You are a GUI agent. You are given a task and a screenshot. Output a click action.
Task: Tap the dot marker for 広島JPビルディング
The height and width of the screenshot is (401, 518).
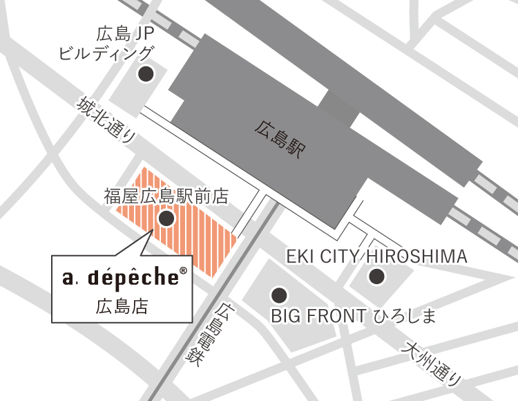click(x=146, y=75)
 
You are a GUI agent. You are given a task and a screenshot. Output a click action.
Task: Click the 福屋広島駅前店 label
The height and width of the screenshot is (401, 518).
click(x=166, y=196)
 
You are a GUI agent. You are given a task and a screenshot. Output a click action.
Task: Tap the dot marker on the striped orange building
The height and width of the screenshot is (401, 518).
click(x=166, y=219)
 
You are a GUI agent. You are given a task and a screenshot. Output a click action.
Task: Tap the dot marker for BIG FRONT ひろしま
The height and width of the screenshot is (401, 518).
click(x=278, y=295)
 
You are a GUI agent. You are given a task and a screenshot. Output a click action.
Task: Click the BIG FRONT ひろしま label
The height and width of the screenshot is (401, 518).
click(x=354, y=317)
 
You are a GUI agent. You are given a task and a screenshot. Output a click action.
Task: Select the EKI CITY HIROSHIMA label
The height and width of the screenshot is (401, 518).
click(x=376, y=257)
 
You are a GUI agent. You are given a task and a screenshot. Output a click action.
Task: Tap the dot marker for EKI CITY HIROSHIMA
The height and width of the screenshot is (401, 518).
click(x=376, y=277)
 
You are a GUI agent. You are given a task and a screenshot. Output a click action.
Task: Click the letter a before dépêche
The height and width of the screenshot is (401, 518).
click(x=67, y=279)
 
